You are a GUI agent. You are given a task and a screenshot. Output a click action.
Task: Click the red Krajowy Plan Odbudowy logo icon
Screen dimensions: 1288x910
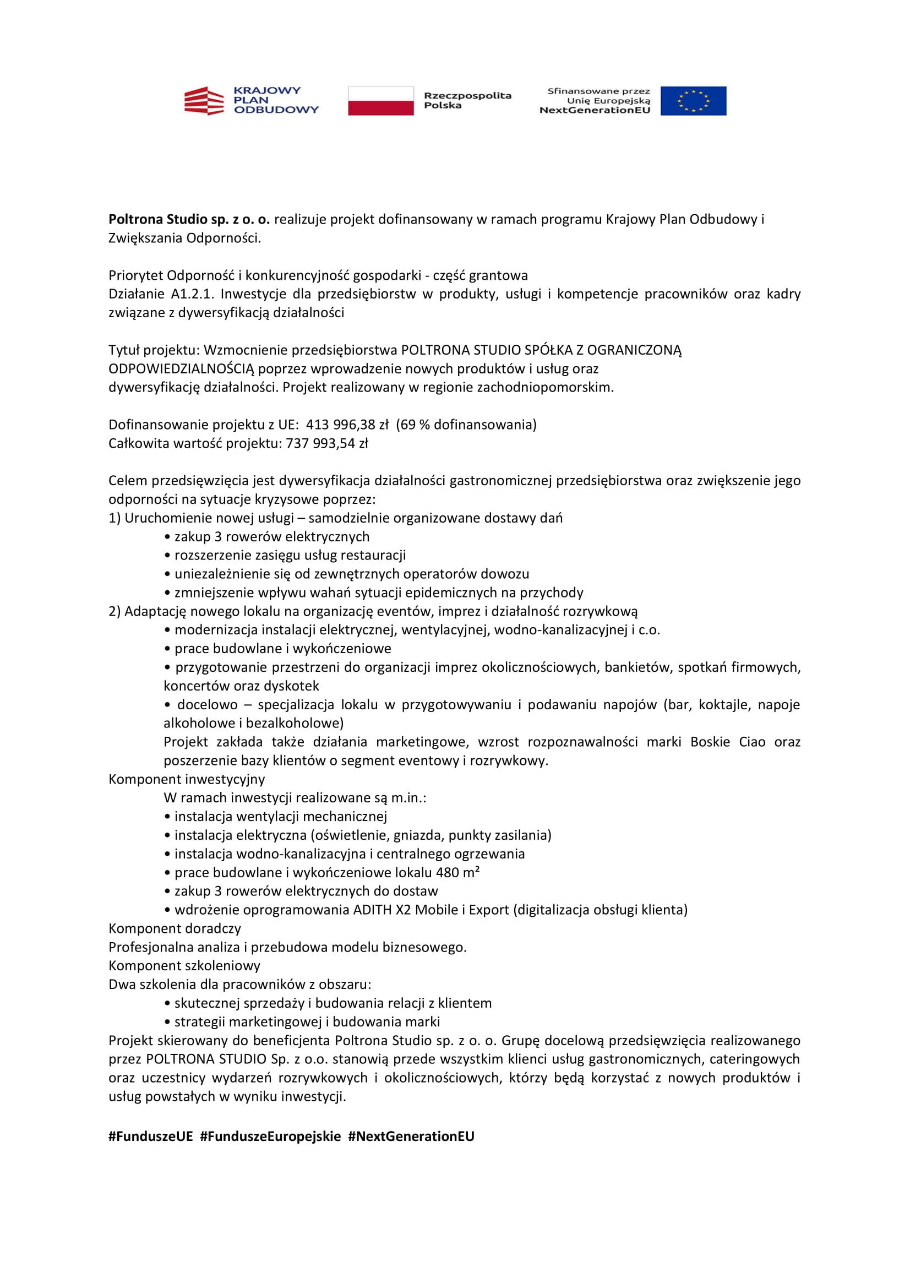tap(204, 101)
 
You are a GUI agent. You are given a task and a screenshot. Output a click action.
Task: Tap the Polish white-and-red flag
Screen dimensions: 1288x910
tap(381, 101)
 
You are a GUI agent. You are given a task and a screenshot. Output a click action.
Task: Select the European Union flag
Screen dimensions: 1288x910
tap(693, 101)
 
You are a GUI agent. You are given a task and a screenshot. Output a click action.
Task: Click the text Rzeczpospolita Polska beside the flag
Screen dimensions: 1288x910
tap(467, 100)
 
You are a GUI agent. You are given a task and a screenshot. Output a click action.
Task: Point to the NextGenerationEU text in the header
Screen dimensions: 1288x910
tap(595, 111)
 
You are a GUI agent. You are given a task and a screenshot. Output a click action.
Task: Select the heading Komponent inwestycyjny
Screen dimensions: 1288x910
tap(187, 779)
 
